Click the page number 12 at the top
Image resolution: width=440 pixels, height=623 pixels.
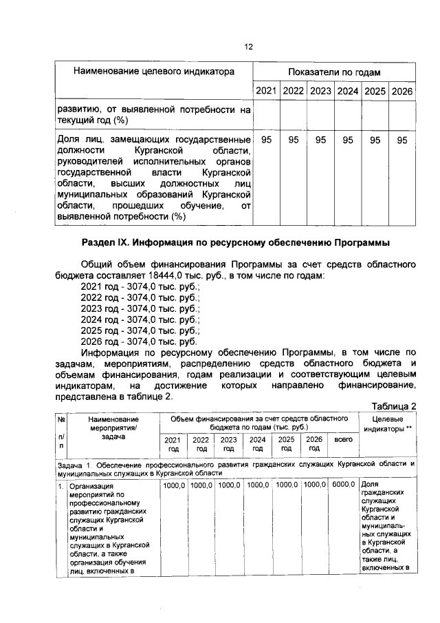(248, 47)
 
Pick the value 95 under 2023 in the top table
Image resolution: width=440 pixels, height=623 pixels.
(320, 140)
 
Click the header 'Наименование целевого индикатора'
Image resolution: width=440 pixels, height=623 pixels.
(155, 72)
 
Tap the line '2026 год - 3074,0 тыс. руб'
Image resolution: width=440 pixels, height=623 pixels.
(139, 341)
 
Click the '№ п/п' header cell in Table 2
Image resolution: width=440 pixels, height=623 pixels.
(61, 436)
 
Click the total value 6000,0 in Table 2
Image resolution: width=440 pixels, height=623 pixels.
(342, 485)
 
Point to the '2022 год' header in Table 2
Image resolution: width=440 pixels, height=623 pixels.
(201, 443)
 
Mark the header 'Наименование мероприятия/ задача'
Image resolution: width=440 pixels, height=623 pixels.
(113, 427)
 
